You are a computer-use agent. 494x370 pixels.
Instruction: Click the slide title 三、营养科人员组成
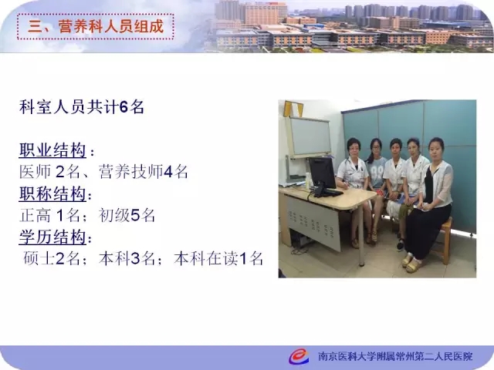[96, 26]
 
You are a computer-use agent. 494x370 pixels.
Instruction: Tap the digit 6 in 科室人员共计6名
[123, 107]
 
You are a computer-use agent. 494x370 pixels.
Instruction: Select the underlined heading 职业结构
[52, 150]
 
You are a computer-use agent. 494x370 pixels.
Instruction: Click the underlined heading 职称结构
[52, 193]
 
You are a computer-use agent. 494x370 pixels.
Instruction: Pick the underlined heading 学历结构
[52, 237]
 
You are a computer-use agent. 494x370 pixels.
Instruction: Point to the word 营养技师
[130, 172]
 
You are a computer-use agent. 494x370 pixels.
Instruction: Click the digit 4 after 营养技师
[168, 172]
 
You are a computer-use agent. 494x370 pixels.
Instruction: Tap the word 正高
[35, 216]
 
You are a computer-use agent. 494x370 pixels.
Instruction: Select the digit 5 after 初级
[135, 216]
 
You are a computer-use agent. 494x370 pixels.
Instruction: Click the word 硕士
[39, 259]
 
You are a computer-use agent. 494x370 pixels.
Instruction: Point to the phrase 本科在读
[206, 259]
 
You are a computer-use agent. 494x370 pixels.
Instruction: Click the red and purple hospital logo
[299, 356]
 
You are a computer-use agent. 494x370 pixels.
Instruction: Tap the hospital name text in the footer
[395, 356]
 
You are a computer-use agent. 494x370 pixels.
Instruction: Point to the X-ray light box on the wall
[310, 137]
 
